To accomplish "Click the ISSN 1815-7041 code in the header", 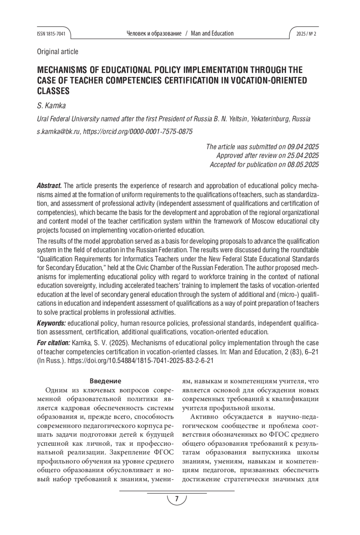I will pos(51,34).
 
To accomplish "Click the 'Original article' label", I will pos(58,52).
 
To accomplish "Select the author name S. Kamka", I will pos(51,106).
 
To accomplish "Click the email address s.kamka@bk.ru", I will pos(58,132).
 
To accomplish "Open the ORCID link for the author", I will pos(138,132).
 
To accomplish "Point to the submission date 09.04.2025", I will pos(303,147).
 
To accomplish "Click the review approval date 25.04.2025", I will pos(303,155).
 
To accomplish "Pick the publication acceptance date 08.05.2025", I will pos(303,164).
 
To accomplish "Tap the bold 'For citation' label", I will pos(53,343).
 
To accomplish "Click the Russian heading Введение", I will pos(105,381).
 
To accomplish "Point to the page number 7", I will pos(177,499).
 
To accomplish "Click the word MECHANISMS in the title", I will pos(62,70).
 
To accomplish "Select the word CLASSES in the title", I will pos(53,91).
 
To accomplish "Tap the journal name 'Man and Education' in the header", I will pos(212,34).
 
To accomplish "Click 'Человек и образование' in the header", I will pos(154,34).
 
